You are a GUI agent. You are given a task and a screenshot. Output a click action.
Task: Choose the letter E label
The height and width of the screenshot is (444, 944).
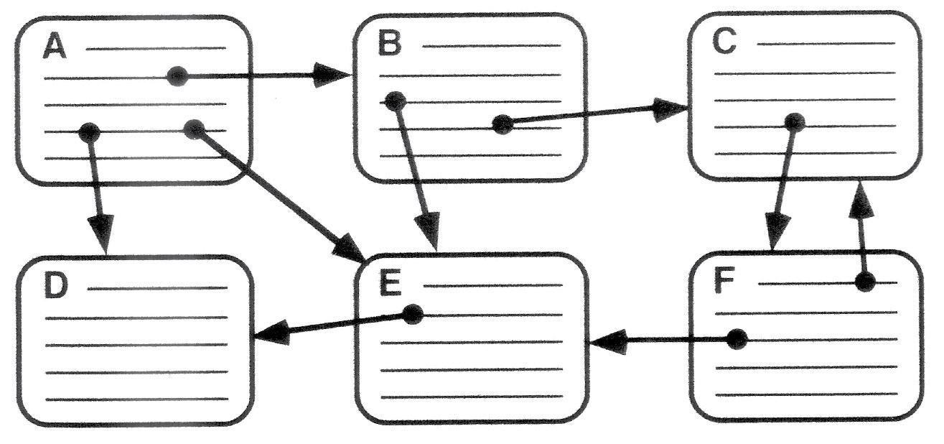click(390, 285)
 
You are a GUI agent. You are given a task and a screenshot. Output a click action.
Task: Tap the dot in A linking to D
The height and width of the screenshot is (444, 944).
click(88, 131)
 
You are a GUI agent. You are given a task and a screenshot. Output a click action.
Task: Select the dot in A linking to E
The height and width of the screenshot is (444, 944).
click(194, 129)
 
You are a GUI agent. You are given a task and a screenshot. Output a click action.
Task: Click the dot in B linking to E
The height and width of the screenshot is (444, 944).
click(393, 101)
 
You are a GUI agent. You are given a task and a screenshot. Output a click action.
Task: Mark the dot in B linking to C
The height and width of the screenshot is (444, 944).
click(503, 124)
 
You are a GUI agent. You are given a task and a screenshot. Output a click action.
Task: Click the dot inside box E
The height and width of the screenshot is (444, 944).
click(412, 314)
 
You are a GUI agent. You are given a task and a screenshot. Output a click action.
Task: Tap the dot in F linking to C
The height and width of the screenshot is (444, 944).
click(866, 282)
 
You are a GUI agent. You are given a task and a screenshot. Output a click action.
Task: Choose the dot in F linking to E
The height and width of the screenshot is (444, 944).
click(737, 339)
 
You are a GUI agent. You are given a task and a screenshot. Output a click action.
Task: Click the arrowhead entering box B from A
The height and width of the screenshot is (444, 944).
click(334, 75)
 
